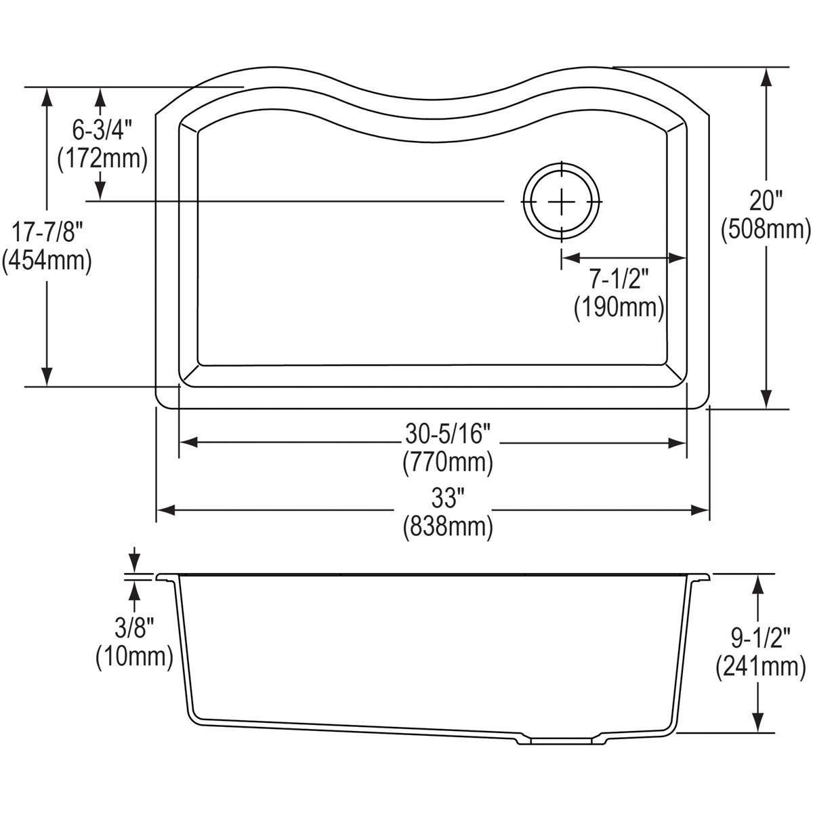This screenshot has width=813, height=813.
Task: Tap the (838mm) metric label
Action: pyautogui.click(x=447, y=526)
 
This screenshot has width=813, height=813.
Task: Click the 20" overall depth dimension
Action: pyautogui.click(x=766, y=201)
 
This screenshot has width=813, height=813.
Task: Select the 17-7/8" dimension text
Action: pyautogui.click(x=46, y=232)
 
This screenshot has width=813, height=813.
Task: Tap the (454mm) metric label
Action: pyautogui.click(x=46, y=260)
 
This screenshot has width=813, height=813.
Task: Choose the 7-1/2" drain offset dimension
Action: pyautogui.click(x=619, y=279)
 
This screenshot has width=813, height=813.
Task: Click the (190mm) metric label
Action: pyautogui.click(x=619, y=307)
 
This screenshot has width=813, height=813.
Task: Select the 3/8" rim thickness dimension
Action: pyautogui.click(x=133, y=628)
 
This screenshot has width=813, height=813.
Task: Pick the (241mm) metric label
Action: pyautogui.click(x=759, y=668)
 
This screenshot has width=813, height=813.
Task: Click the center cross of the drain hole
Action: pyautogui.click(x=561, y=201)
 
